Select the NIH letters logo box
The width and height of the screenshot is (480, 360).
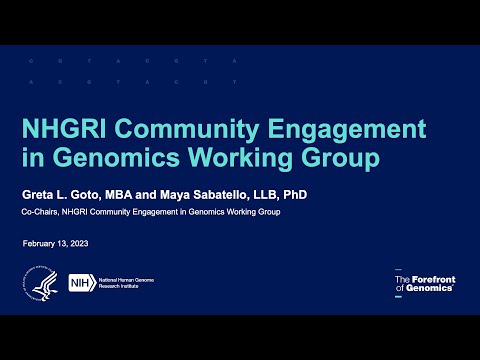tap(80, 284)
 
